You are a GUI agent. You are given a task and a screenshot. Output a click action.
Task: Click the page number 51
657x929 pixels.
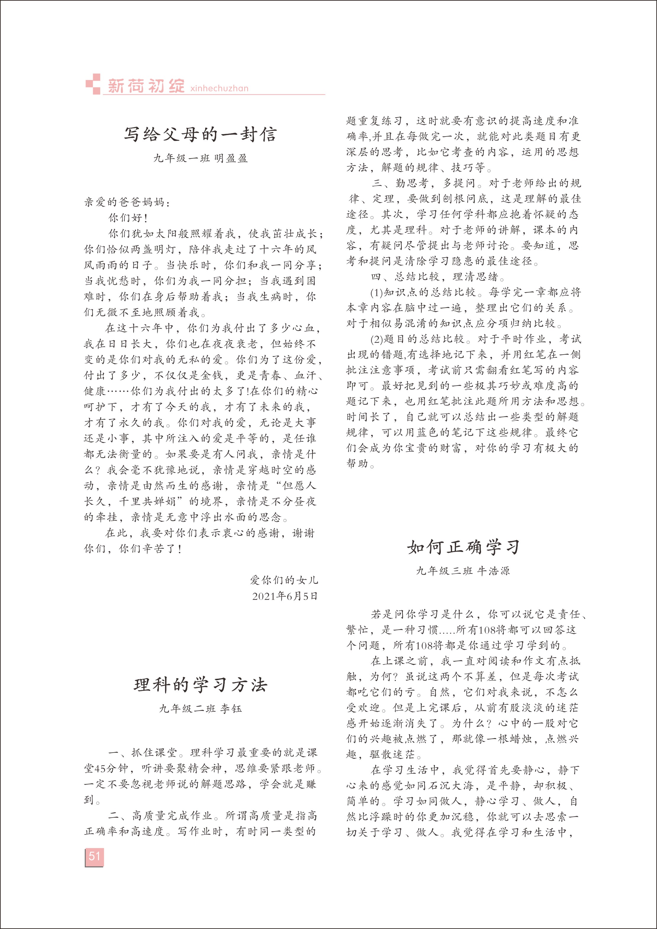coord(94,856)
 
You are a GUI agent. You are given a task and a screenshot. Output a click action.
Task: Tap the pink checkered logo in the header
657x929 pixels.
coord(93,84)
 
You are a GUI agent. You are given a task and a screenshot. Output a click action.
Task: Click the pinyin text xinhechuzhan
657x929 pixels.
coord(219,88)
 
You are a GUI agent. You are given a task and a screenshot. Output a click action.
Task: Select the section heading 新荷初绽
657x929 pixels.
coord(146,86)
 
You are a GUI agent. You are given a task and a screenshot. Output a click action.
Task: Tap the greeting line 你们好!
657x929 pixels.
coord(128,218)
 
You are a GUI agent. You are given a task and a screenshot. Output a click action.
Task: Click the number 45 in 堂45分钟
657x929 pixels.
coord(100,768)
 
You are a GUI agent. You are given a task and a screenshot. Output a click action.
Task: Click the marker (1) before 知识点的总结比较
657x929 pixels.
coord(376,292)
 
